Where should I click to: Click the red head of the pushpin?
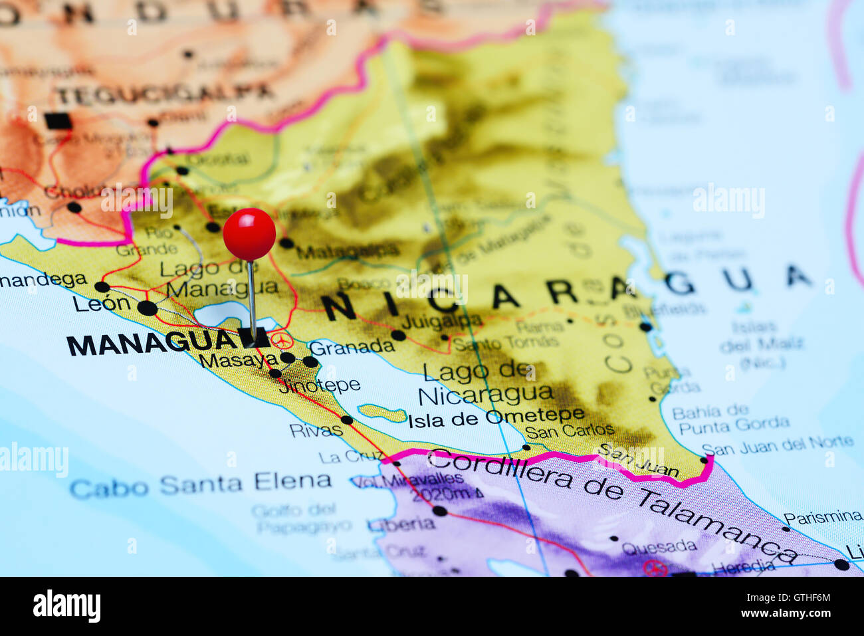coord(249,234)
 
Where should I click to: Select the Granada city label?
coord(352,347)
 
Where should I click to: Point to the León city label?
coord(102,304)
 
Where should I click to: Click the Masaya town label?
coord(238,361)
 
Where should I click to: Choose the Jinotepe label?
coord(320,385)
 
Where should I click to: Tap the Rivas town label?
coord(316,430)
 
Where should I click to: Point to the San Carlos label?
coord(570,430)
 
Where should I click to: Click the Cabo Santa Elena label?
coord(200,484)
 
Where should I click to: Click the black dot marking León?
coord(147,308)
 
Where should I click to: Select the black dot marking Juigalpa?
coord(398,336)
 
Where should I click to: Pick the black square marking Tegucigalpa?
coord(58,121)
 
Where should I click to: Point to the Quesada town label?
coord(659,548)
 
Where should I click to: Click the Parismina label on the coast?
coord(822,516)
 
